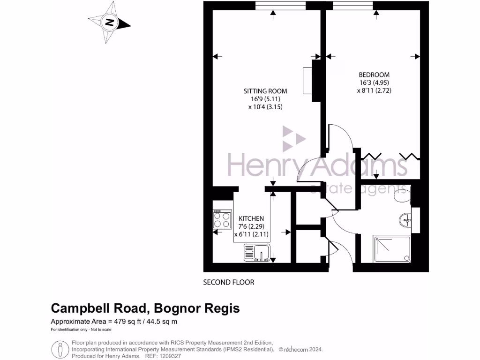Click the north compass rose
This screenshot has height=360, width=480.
coord(110,22)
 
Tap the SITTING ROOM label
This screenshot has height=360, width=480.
coord(265,91)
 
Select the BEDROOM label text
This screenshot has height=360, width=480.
coord(374,75)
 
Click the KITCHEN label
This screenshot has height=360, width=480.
coord(251,218)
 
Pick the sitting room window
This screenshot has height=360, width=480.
coord(280,6)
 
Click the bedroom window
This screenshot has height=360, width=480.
coord(353,6)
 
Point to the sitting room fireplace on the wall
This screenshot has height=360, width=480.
coord(308,81)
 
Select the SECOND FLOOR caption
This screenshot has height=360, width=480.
coord(228,282)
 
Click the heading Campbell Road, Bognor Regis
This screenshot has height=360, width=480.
coord(145,308)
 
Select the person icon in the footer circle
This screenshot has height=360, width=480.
coord(60,349)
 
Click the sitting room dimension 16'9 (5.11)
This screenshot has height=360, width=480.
coord(265,99)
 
